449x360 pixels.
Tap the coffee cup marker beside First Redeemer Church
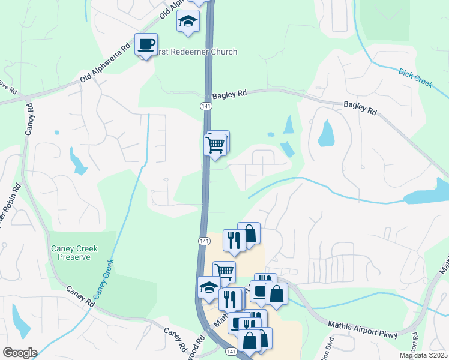point(146,44)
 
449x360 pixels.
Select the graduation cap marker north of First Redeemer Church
point(188,21)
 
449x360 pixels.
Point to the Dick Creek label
point(415,79)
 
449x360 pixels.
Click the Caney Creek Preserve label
point(74,253)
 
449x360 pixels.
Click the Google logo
point(20,353)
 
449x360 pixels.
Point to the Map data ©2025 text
point(423,355)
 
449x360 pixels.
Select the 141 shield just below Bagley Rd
point(205,106)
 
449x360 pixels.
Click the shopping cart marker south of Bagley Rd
point(215,145)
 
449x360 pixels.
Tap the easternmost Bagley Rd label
point(360,108)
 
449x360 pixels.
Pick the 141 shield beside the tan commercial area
point(204,241)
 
